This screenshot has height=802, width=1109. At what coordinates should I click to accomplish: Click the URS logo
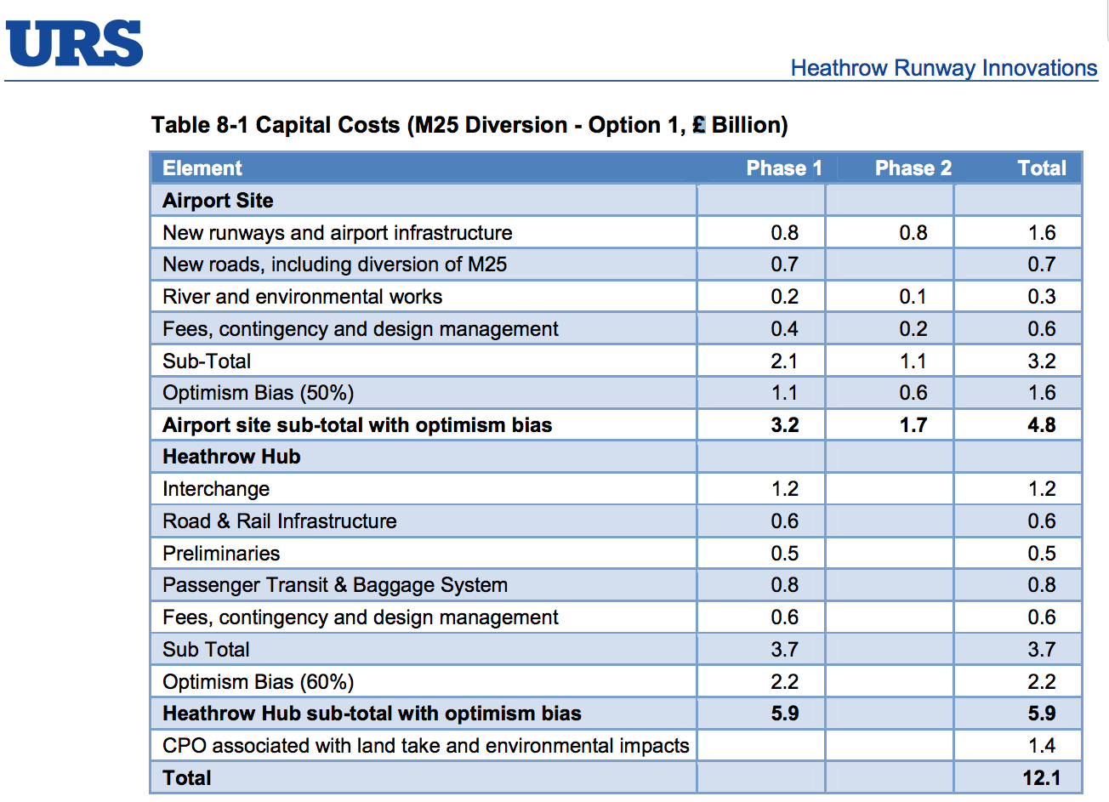[75, 43]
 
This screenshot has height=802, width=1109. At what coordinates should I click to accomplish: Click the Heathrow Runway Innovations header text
[943, 68]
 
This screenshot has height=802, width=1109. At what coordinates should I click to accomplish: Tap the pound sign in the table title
[699, 125]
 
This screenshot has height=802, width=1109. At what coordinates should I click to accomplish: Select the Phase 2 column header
[913, 168]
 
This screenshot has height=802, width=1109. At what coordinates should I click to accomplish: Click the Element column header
[202, 168]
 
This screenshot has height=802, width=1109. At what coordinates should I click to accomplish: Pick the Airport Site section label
[218, 201]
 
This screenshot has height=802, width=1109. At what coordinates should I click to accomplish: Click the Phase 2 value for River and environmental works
[913, 297]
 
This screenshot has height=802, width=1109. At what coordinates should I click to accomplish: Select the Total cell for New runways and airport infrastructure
[1041, 233]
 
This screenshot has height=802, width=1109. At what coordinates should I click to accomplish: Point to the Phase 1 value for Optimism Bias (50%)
[784, 393]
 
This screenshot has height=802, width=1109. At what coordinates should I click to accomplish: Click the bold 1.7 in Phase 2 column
[913, 425]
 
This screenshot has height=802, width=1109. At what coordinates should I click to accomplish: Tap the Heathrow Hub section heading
[231, 457]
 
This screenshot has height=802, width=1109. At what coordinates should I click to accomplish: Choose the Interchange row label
[216, 489]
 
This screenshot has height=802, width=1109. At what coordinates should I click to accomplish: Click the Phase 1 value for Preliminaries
[784, 554]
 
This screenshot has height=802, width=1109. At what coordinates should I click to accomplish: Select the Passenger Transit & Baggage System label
[335, 585]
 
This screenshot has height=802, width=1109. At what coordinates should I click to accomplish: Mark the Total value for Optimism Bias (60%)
[1041, 682]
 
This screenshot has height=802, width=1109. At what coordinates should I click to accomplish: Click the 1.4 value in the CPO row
[1041, 746]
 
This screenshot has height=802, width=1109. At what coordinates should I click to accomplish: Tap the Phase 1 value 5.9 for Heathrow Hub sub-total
[784, 714]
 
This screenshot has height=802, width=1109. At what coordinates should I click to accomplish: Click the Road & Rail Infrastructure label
[279, 521]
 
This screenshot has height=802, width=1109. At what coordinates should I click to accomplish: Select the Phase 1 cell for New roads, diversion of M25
[784, 264]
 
